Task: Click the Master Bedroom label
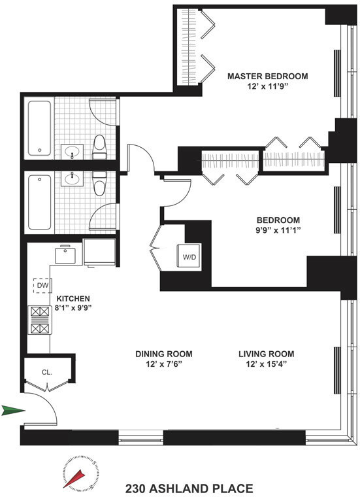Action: click(x=267, y=77)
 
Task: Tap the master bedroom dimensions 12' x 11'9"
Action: click(x=267, y=87)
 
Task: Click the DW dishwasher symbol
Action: click(x=42, y=286)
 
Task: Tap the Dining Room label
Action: click(x=164, y=354)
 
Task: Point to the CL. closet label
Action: click(x=47, y=373)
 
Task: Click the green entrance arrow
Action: click(x=13, y=411)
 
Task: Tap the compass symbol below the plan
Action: click(x=80, y=475)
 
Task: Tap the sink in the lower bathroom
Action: click(x=73, y=177)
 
